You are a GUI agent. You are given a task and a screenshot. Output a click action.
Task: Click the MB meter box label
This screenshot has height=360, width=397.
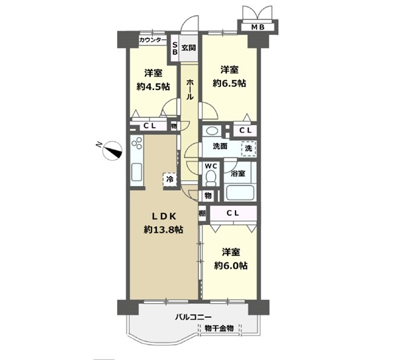tap(258, 27)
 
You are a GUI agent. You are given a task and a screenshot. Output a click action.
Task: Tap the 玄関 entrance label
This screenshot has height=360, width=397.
tap(189, 48)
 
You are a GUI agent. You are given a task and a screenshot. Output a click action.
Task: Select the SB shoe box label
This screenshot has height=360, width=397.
tap(175, 48)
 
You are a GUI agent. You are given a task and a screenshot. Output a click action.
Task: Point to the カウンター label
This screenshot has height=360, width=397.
tap(153, 40)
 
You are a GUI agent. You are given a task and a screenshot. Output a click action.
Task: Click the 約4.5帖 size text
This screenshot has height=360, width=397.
tap(154, 87)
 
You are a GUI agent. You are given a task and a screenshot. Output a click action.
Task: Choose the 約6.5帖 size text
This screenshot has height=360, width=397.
tap(229, 83)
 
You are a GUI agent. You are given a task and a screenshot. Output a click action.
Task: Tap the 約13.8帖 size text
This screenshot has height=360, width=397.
tap(163, 230)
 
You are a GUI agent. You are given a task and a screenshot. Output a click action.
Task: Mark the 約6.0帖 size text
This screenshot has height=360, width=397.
tap(231, 265)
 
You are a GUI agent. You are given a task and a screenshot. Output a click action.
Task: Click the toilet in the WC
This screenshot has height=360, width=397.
tap(211, 178)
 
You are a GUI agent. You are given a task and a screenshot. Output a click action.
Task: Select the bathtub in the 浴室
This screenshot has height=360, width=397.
tap(240, 193)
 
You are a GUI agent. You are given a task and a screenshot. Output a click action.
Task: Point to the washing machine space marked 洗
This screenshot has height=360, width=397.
tap(249, 148)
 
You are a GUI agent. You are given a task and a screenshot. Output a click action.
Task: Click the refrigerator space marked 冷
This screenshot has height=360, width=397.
tap(170, 179)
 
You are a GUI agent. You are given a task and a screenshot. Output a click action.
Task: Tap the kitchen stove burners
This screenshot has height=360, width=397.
tap(137, 143)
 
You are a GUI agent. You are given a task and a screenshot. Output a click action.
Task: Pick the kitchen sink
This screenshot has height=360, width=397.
tap(136, 172)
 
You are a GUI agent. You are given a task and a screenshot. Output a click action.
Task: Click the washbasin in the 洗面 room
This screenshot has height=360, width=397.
tap(212, 130)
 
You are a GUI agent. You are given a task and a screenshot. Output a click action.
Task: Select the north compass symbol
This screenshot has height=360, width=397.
tap(112, 150)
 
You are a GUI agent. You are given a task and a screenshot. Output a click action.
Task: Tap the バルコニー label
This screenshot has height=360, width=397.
tap(193, 317)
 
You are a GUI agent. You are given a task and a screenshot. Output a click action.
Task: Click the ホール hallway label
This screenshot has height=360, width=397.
tap(190, 89)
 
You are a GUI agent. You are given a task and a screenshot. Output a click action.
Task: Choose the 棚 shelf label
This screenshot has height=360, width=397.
tap(202, 213)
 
